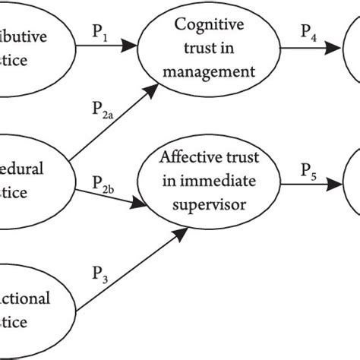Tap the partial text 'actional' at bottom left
[x=27, y=298]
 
